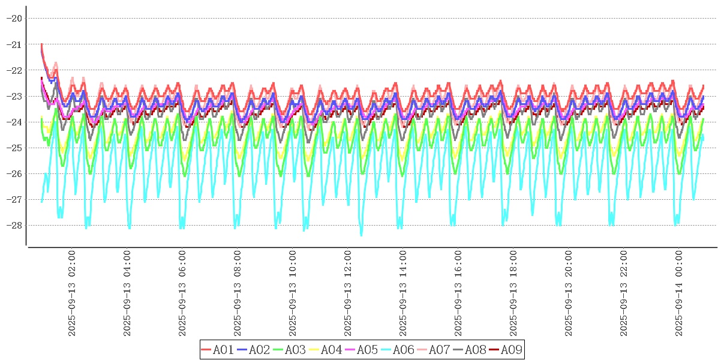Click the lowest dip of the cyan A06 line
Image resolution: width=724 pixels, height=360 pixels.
point(361,235)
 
